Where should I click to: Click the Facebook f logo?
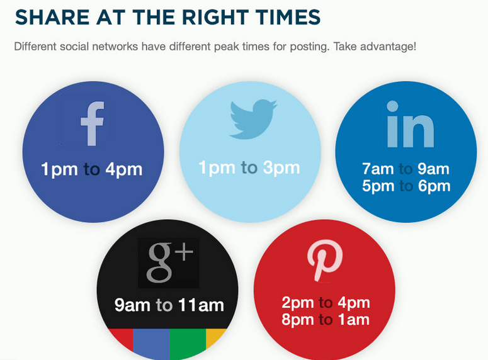[92, 124]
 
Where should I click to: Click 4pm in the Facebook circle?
[124, 169]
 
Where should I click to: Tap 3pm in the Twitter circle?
[281, 168]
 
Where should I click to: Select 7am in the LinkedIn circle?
[378, 169]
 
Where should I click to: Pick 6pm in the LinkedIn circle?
[434, 186]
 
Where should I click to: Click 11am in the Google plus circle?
[201, 306]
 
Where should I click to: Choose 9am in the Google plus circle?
[132, 306]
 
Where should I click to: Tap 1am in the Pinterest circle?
[353, 320]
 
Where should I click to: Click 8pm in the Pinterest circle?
[298, 320]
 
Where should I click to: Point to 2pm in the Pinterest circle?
[298, 303]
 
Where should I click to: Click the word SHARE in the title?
[50, 17]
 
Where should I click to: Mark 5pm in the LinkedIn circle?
[378, 186]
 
